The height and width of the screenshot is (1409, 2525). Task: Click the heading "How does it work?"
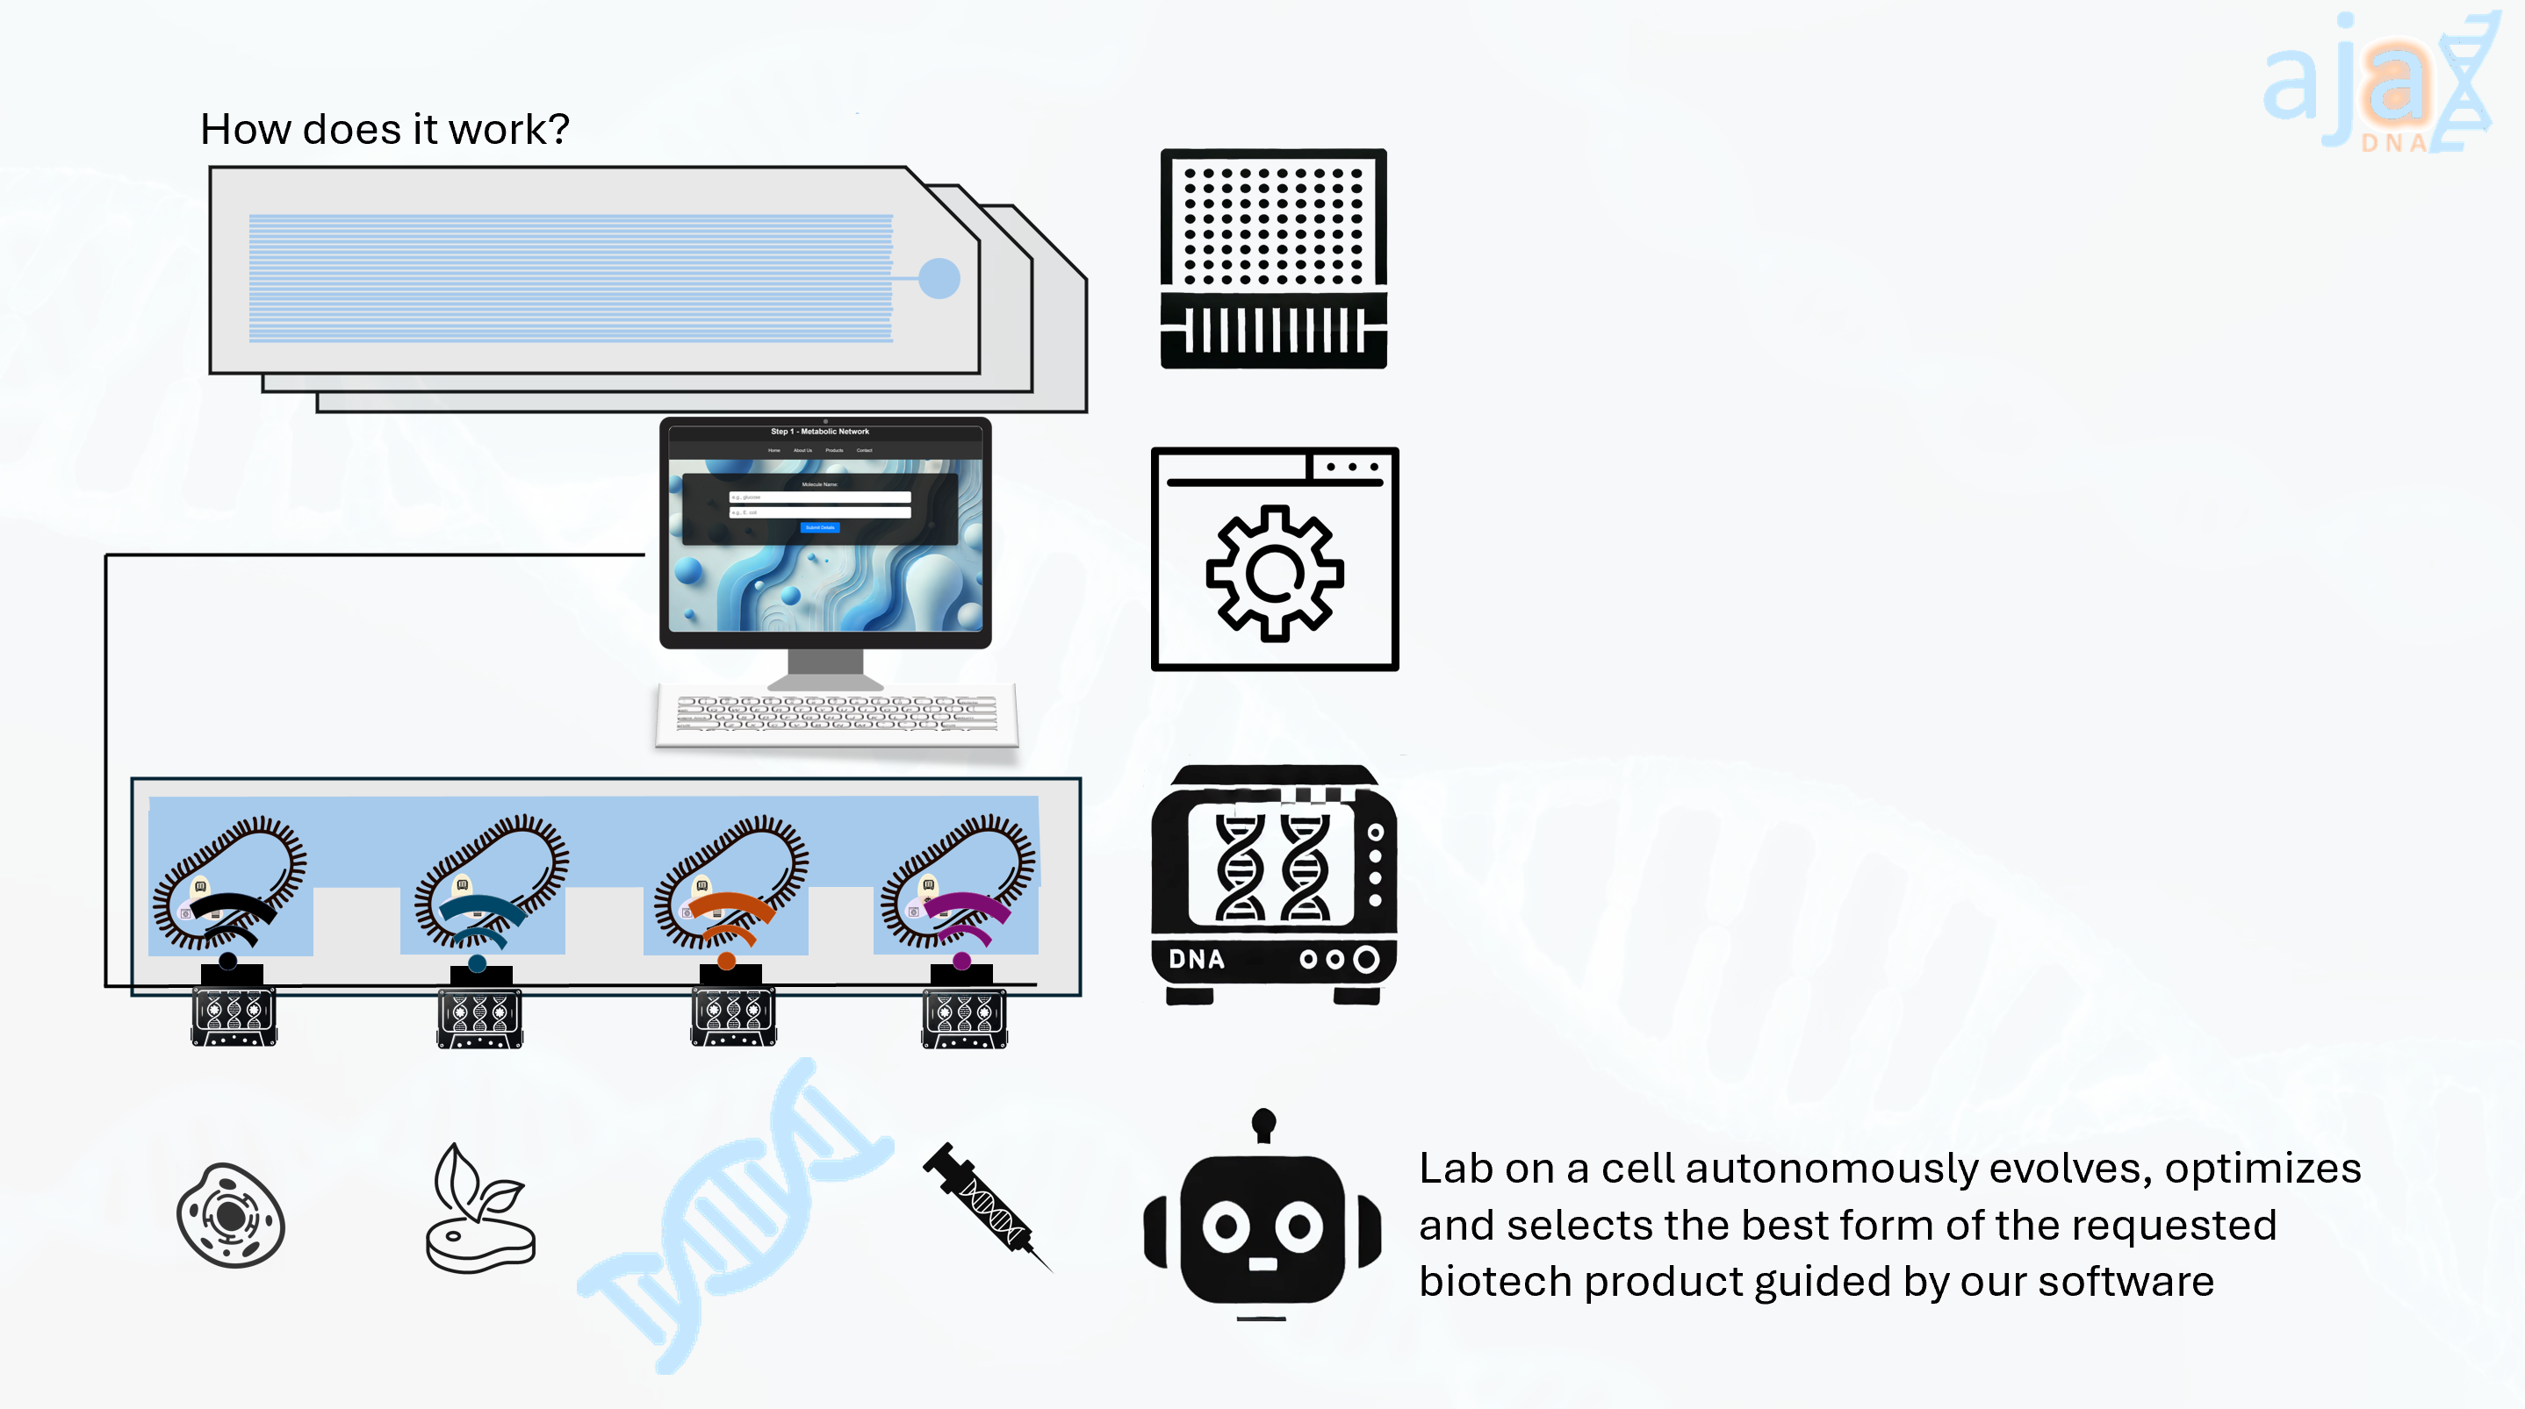(385, 129)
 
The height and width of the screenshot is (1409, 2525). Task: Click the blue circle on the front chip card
(939, 278)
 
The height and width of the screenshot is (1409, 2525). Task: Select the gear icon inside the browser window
(1274, 573)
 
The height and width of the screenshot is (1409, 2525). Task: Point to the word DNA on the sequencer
(1196, 959)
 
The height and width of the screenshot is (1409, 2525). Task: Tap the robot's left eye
(1227, 1226)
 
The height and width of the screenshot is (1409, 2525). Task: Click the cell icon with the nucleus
(231, 1216)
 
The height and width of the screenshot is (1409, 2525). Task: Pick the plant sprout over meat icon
(480, 1211)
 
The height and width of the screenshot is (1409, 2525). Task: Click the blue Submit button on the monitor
(820, 527)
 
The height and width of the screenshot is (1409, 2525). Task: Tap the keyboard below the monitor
(836, 714)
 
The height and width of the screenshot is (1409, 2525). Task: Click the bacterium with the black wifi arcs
(229, 882)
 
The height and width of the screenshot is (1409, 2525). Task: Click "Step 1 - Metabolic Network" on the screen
(819, 431)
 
